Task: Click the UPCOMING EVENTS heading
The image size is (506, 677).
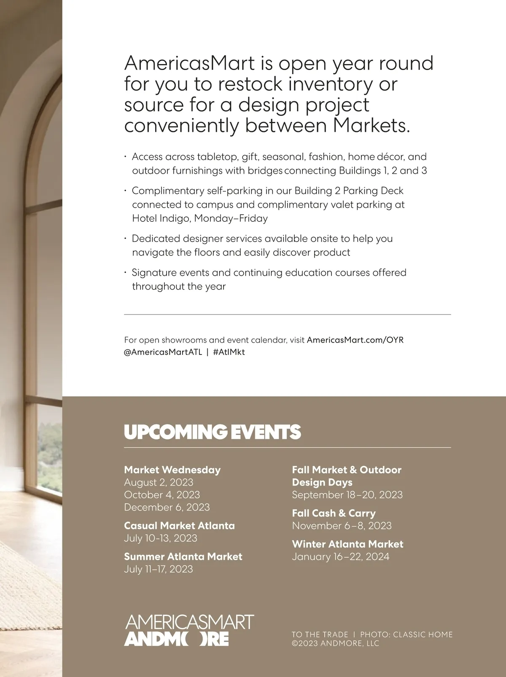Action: tap(213, 432)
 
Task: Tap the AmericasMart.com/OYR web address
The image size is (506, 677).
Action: tap(355, 340)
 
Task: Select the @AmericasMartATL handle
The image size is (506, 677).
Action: tap(163, 352)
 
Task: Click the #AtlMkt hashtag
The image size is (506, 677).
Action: tap(229, 352)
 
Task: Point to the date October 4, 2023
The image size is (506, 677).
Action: tap(162, 494)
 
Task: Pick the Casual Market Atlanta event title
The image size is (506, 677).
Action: tap(179, 526)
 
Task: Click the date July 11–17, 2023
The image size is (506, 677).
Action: tap(158, 569)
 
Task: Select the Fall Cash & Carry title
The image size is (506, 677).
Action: tap(334, 513)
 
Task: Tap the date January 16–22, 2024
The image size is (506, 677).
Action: tap(341, 556)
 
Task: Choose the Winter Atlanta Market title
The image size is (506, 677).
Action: tap(347, 544)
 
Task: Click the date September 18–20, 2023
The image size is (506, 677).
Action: tap(347, 494)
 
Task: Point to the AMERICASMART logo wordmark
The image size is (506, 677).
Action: tap(189, 623)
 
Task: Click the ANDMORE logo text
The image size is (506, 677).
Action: tap(177, 639)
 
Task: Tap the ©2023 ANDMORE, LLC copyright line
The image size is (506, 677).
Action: tap(335, 643)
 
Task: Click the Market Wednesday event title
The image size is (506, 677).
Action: tap(172, 470)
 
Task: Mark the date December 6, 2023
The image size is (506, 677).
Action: tap(167, 507)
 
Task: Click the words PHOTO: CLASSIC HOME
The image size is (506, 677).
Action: tap(406, 634)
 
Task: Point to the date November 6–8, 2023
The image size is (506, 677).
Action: tap(342, 526)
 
